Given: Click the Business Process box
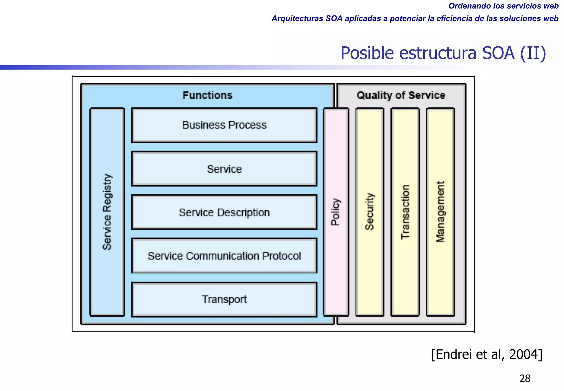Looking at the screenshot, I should [224, 125].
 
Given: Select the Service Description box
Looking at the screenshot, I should [224, 212].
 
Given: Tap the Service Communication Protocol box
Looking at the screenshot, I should [224, 256].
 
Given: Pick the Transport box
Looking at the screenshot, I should [224, 299].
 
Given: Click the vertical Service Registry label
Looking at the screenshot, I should [107, 212].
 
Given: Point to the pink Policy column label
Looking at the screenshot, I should [336, 212].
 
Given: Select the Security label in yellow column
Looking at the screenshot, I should [370, 212].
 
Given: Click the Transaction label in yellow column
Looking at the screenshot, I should [405, 212].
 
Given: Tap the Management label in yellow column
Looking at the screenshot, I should [440, 212].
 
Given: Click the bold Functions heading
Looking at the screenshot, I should [207, 95].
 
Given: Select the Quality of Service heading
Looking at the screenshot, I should [401, 95].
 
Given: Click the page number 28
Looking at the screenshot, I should [525, 379].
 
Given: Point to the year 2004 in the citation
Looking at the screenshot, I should [523, 354].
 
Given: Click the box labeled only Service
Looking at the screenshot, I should [224, 169].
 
